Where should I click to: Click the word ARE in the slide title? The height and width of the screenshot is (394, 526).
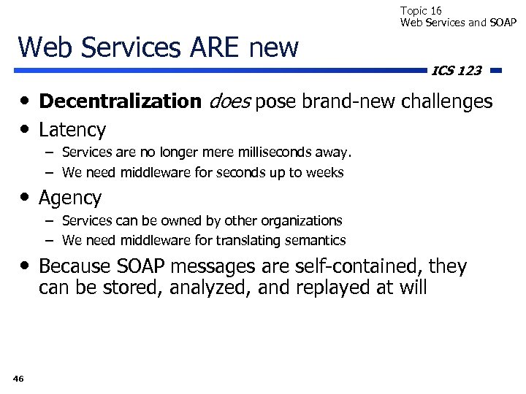pos(216,47)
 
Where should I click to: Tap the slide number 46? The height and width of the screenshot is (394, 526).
pos(18,378)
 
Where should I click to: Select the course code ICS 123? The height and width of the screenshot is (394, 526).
pos(457,71)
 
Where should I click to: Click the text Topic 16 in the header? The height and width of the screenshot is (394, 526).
pos(421,10)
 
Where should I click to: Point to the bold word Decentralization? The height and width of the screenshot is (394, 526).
pos(120,101)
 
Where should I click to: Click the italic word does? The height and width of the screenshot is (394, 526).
pos(229,101)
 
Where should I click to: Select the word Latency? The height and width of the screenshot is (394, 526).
pos(72,130)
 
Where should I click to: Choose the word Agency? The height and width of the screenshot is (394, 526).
pos(70,198)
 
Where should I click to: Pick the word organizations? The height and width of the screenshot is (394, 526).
pos(303,220)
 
